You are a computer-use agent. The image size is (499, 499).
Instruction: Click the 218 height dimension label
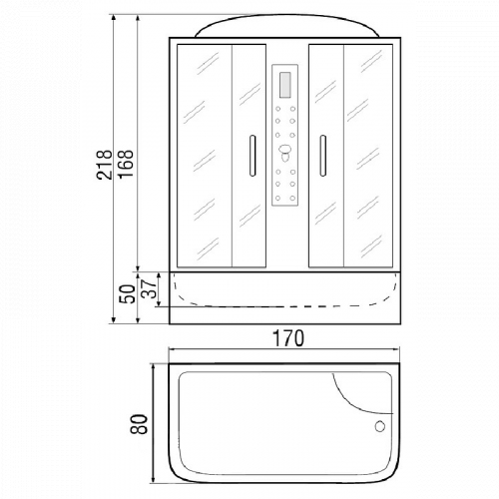point(104,165)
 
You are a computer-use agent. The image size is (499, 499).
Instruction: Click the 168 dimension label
point(126,165)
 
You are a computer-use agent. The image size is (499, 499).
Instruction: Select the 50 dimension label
point(127,294)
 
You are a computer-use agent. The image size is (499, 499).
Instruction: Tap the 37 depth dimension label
point(148,288)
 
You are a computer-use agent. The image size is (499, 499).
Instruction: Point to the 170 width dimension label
point(288,338)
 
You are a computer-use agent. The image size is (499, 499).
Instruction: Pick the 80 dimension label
point(139,424)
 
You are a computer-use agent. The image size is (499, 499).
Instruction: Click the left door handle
point(252,156)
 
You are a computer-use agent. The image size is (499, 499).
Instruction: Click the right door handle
point(322,156)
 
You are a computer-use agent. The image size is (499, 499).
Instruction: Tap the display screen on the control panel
point(285,85)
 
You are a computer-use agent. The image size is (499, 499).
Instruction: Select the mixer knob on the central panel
point(284,152)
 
